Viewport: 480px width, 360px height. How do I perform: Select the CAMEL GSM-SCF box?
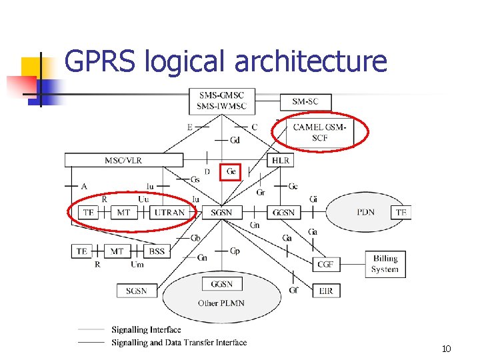coord(319,132)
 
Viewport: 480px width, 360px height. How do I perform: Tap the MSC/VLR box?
coord(123,160)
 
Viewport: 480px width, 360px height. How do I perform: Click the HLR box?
coord(281,161)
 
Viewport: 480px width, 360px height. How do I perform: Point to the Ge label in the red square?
coord(231,171)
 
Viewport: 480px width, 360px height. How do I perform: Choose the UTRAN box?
coord(169,212)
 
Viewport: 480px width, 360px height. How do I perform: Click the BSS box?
coord(157,251)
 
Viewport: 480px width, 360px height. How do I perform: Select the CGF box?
coord(325,265)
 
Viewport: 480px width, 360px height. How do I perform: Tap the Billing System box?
coord(385,264)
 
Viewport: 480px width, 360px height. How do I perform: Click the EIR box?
coord(325,291)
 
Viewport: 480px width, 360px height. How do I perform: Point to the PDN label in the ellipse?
coord(365,212)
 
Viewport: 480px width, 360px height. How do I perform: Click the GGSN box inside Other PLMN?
coord(221,284)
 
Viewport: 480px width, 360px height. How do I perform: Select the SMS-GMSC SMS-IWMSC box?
coord(221,101)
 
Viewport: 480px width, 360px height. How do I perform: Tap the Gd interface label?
coord(235,140)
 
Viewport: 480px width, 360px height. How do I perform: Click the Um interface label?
coord(137,265)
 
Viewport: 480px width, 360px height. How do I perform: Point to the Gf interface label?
coord(294,291)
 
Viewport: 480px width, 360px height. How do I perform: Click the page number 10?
coord(446,349)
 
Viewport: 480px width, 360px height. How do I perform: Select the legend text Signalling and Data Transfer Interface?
coord(179,343)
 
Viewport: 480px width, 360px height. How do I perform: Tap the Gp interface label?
coord(235,251)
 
